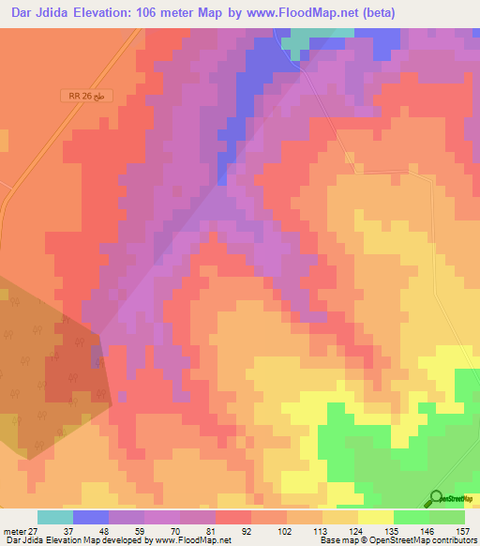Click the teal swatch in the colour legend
(54, 517)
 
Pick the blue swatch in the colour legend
(90, 517)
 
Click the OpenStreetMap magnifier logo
(436, 498)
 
